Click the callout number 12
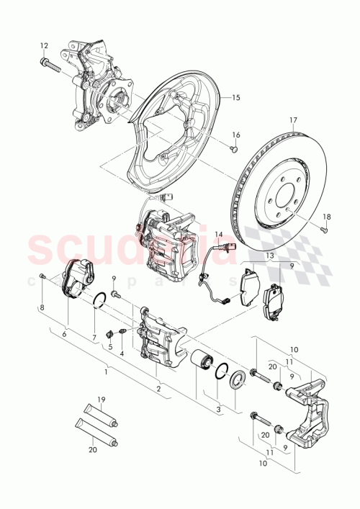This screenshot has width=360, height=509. (x=44, y=45)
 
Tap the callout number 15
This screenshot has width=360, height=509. (x=235, y=96)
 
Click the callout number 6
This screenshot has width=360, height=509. (x=63, y=334)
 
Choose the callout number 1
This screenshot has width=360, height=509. (x=106, y=372)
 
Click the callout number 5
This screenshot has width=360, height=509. (x=110, y=346)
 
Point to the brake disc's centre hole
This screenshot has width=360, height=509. (x=277, y=194)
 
